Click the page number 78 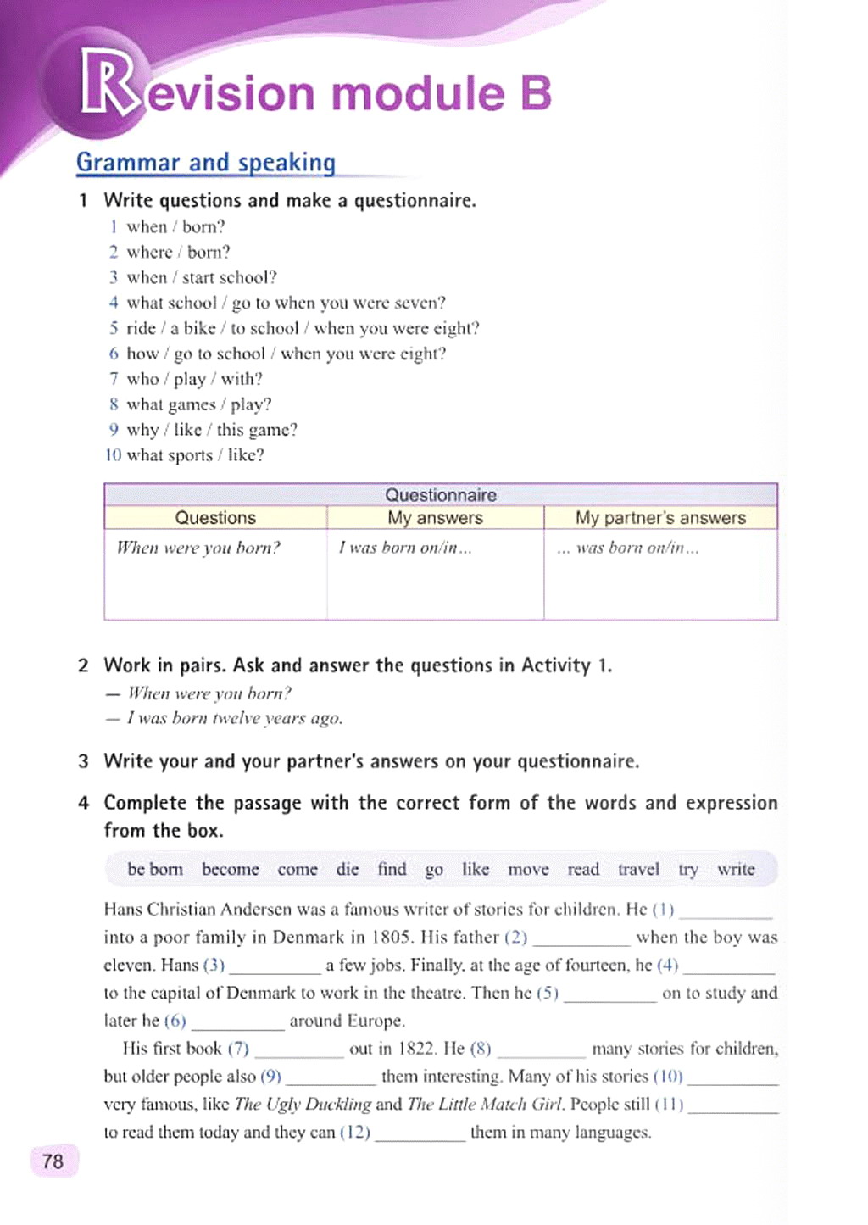pyautogui.click(x=53, y=1161)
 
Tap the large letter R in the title pyautogui.click(x=108, y=83)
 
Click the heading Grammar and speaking pyautogui.click(x=206, y=162)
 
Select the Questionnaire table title pyautogui.click(x=440, y=494)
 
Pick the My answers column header pyautogui.click(x=435, y=518)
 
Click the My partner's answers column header pyautogui.click(x=660, y=518)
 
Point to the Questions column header pyautogui.click(x=215, y=518)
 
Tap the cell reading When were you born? pyautogui.click(x=198, y=548)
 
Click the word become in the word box pyautogui.click(x=231, y=869)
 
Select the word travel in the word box pyautogui.click(x=638, y=869)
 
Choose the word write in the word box pyautogui.click(x=736, y=869)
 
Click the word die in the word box pyautogui.click(x=348, y=869)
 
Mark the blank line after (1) pyautogui.click(x=726, y=912)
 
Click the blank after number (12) pyautogui.click(x=420, y=1135)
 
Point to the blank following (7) pyautogui.click(x=299, y=1051)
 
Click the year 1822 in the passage pyautogui.click(x=416, y=1049)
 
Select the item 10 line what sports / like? pyautogui.click(x=185, y=455)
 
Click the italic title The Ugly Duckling pyautogui.click(x=303, y=1104)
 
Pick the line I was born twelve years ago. pyautogui.click(x=234, y=718)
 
